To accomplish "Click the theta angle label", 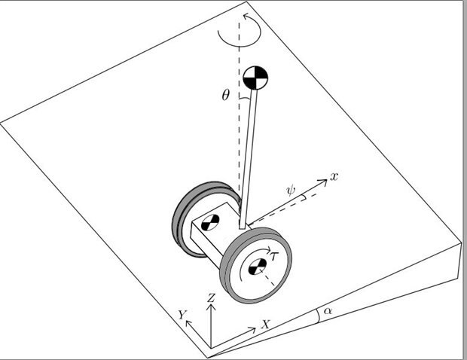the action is pyautogui.click(x=226, y=96).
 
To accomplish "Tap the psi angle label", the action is pyautogui.click(x=291, y=190).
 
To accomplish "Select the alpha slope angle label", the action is pyautogui.click(x=328, y=310).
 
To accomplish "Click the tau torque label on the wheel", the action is pyautogui.click(x=273, y=255).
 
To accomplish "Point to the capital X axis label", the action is pyautogui.click(x=265, y=325).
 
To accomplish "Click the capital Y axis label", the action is pyautogui.click(x=182, y=315).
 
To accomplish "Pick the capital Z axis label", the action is pyautogui.click(x=211, y=297).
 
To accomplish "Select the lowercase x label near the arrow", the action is pyautogui.click(x=334, y=177).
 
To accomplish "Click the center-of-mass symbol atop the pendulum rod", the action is pyautogui.click(x=255, y=78).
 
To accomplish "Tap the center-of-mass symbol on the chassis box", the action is pyautogui.click(x=210, y=222).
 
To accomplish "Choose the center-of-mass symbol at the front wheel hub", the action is pyautogui.click(x=258, y=267).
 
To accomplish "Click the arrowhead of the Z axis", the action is pyautogui.click(x=211, y=307).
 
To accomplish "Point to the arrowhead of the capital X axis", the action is pyautogui.click(x=252, y=329).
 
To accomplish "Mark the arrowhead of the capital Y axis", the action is pyautogui.click(x=188, y=323).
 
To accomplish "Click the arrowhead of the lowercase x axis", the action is pyautogui.click(x=323, y=182).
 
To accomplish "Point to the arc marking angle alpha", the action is pyautogui.click(x=318, y=316).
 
